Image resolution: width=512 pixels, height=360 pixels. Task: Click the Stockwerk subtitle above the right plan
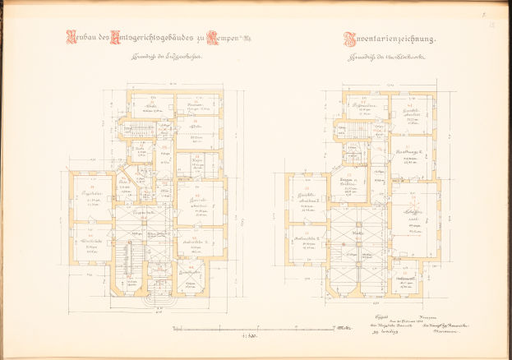click(389, 58)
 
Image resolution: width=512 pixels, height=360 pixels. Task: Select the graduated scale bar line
click(247, 328)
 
